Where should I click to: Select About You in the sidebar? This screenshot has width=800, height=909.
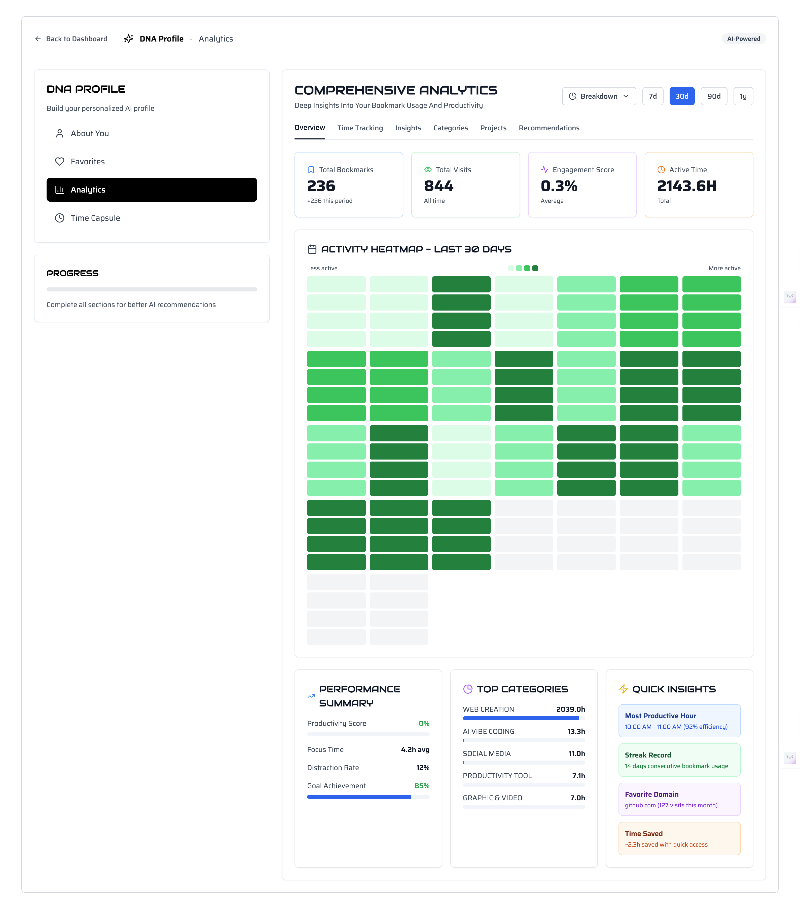pyautogui.click(x=89, y=133)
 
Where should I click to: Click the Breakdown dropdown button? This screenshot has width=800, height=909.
pyautogui.click(x=598, y=96)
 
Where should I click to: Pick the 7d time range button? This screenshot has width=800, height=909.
pyautogui.click(x=652, y=96)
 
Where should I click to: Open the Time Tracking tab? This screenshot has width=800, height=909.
pyautogui.click(x=359, y=128)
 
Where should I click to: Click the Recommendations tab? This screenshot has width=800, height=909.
pyautogui.click(x=549, y=128)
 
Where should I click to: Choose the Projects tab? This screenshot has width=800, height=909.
pyautogui.click(x=493, y=128)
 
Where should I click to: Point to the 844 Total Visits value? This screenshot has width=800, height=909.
pyautogui.click(x=438, y=186)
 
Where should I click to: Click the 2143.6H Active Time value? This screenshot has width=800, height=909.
pyautogui.click(x=686, y=186)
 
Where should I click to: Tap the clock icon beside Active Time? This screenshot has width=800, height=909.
pyautogui.click(x=661, y=169)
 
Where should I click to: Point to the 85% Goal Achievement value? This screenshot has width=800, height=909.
pyautogui.click(x=421, y=786)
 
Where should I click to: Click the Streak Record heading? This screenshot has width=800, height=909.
pyautogui.click(x=647, y=755)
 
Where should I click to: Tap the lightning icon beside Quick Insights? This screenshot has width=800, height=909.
pyautogui.click(x=623, y=689)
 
